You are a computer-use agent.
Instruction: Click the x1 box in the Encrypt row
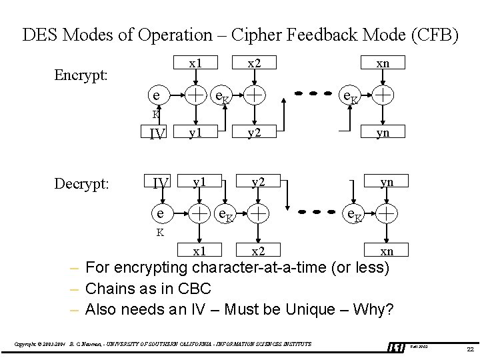pos(195,63)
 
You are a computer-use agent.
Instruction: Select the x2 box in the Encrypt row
pos(254,63)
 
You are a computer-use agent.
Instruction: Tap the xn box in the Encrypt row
pos(383,63)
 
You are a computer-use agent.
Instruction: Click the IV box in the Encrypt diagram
pos(158,133)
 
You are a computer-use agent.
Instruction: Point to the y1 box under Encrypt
pos(195,133)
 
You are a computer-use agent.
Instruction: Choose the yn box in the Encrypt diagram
pos(383,133)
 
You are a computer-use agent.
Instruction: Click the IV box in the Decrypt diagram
pos(161,182)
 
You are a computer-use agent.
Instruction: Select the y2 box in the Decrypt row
pos(258,182)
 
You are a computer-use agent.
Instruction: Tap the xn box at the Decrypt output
pos(387,251)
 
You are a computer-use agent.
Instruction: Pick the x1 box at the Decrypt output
pos(199,251)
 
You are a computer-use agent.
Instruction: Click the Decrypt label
pos(81,183)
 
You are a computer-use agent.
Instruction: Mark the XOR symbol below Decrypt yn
pos(387,213)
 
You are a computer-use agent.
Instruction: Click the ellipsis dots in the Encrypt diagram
pos(312,94)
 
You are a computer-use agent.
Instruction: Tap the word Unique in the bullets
pos(312,309)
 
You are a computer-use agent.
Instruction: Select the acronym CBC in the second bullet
pos(195,289)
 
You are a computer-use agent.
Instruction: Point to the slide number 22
pos(470,349)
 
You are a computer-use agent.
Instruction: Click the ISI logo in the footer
pos(397,347)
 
